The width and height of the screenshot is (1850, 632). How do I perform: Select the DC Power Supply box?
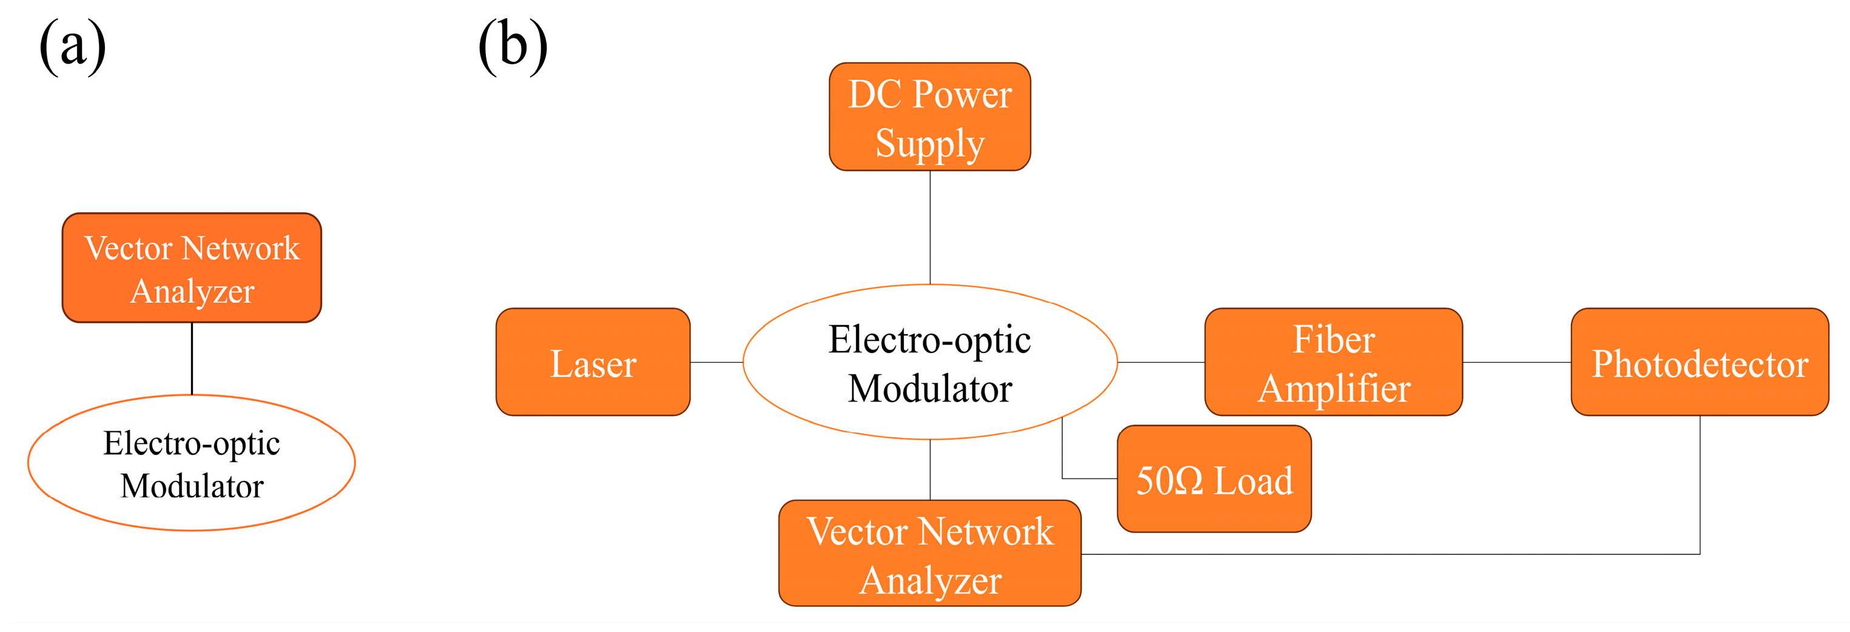[x=929, y=117]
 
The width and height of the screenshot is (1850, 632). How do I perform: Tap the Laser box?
[x=593, y=362]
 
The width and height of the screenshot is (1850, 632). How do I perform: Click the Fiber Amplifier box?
[x=1333, y=362]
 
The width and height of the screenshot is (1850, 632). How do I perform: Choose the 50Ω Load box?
[x=1214, y=479]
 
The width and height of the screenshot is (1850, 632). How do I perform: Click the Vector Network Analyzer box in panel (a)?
[x=192, y=268]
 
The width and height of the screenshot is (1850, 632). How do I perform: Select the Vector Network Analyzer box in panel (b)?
[x=929, y=554]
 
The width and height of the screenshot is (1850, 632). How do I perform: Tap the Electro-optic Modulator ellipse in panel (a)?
[x=192, y=463]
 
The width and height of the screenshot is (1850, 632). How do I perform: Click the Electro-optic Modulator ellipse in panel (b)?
[x=929, y=362]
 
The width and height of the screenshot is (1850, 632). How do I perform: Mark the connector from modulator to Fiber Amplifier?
[x=1160, y=362]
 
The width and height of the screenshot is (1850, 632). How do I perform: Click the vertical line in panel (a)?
[x=192, y=358]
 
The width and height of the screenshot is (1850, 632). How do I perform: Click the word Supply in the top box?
[x=929, y=143]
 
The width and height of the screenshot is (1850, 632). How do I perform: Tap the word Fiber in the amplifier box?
[x=1333, y=339]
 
